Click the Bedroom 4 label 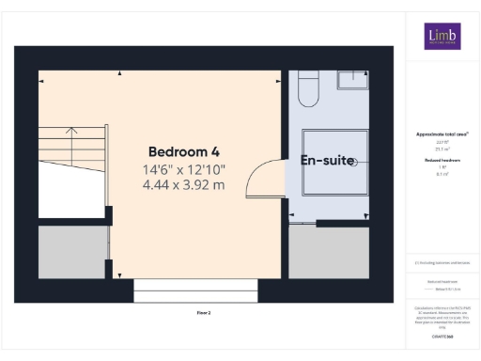click(x=184, y=151)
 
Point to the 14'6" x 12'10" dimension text click(x=184, y=169)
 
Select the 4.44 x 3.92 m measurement click(x=184, y=184)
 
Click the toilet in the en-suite click(x=307, y=89)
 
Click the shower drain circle click(x=354, y=163)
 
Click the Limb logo click(x=441, y=37)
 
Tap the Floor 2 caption click(x=204, y=311)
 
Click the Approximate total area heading click(x=442, y=134)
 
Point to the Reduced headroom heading click(x=442, y=162)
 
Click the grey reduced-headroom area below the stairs click(x=71, y=251)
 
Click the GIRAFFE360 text click(x=442, y=335)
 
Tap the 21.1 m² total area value click(x=442, y=149)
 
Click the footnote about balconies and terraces click(x=442, y=262)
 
